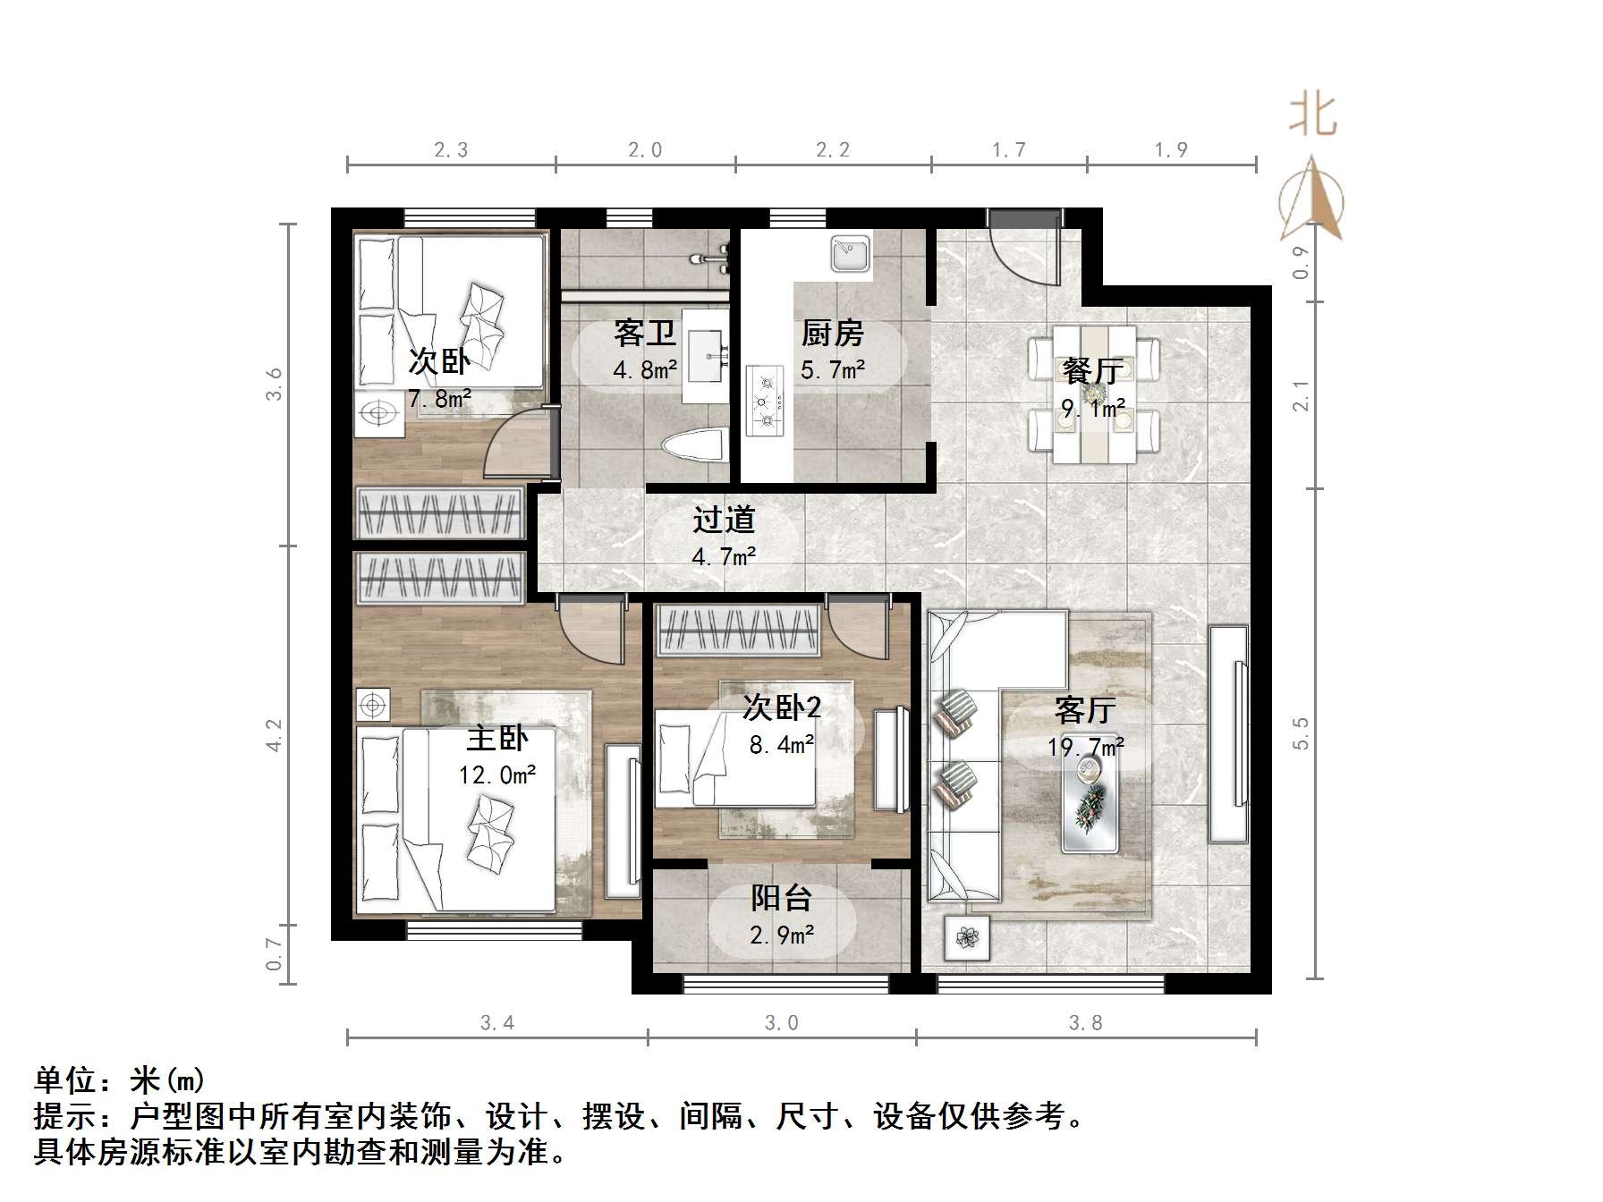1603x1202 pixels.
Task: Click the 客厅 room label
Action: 1085,710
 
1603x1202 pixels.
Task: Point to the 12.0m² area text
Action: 497,775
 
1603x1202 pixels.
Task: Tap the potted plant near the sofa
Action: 966,938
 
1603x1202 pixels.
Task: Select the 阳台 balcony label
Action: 781,897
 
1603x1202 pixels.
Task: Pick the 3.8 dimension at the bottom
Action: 1085,1022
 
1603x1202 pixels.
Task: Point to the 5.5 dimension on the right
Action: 1301,732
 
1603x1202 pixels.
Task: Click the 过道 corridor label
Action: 724,520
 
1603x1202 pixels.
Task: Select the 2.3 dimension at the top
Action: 451,150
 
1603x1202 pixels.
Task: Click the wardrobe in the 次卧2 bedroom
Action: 738,631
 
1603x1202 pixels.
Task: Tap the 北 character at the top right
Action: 1312,116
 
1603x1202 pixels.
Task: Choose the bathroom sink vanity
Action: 704,357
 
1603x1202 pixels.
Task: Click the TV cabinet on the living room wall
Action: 1228,733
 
